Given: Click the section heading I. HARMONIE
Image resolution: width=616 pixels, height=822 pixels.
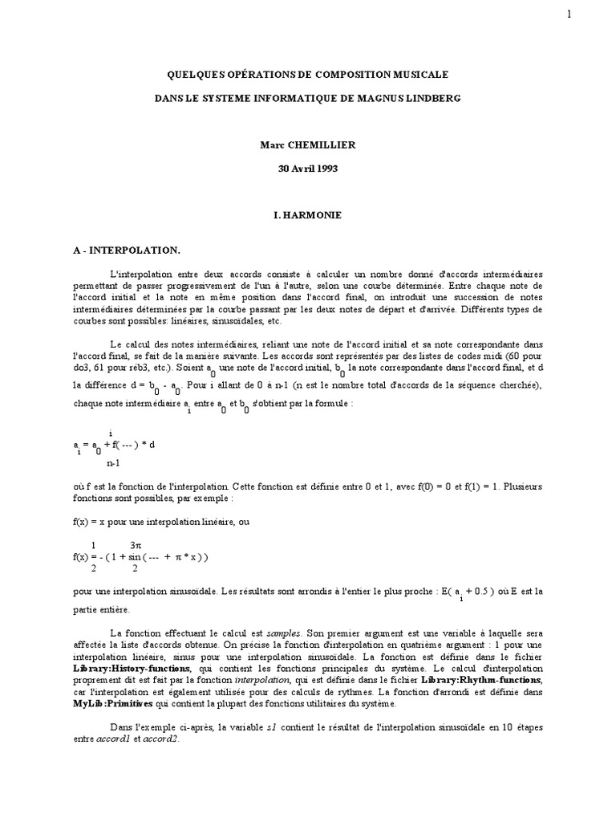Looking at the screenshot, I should (307, 215).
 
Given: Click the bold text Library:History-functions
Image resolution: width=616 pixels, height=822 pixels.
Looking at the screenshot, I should (132, 668).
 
